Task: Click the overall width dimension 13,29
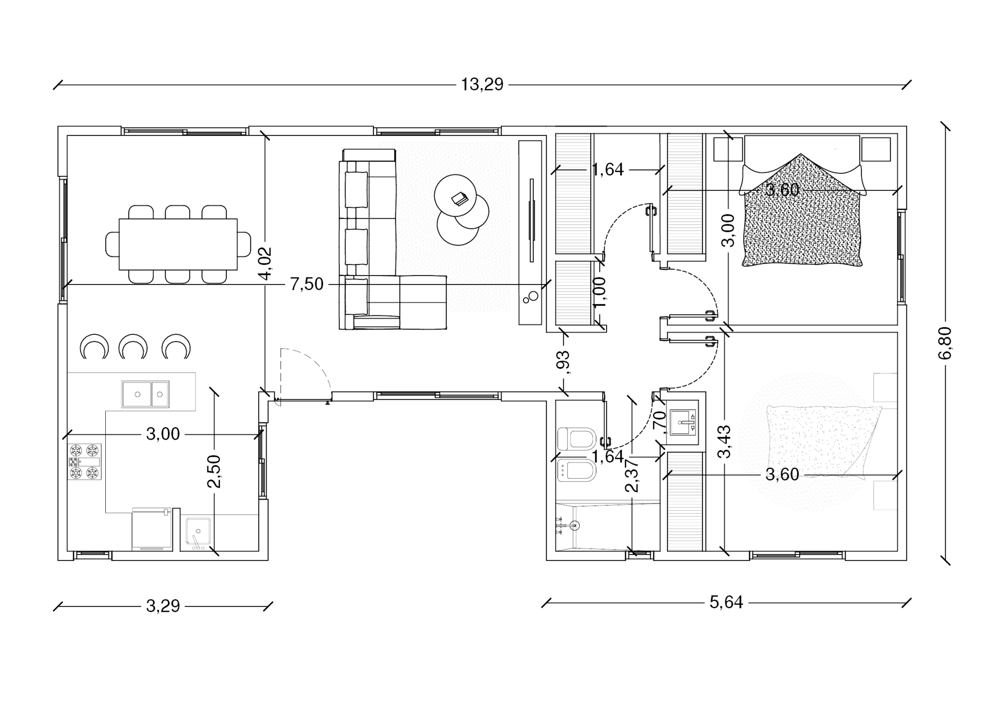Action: (482, 85)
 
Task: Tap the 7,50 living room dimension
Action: (307, 284)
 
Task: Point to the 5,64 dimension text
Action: (726, 602)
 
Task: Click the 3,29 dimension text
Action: (163, 606)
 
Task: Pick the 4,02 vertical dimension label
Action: (265, 264)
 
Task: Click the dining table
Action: (178, 244)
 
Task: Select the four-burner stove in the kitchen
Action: (85, 462)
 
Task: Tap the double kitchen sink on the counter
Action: (145, 394)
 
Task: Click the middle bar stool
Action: (133, 346)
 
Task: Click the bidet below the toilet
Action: (577, 470)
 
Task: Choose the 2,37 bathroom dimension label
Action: (632, 476)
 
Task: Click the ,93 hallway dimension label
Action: (563, 362)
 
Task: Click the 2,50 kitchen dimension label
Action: (214, 471)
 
